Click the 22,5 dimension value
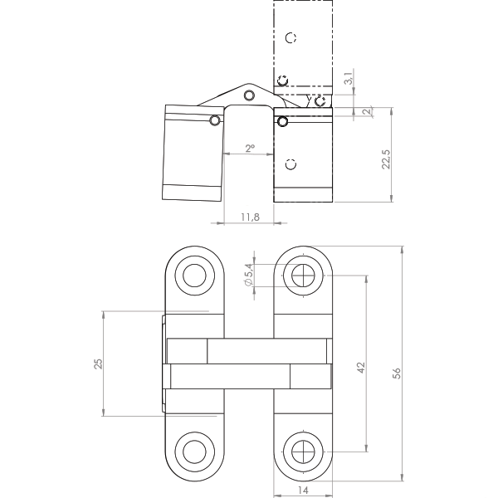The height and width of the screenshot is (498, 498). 386,159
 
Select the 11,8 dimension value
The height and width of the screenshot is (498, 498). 250,217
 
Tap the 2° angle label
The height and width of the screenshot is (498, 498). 250,148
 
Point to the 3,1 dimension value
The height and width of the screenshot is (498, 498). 349,78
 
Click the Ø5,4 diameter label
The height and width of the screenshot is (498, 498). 249,275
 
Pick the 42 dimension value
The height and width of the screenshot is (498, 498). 361,368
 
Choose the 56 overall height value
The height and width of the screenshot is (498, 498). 397,373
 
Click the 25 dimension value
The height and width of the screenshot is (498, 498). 98,364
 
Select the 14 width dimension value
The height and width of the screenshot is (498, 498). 303,491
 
